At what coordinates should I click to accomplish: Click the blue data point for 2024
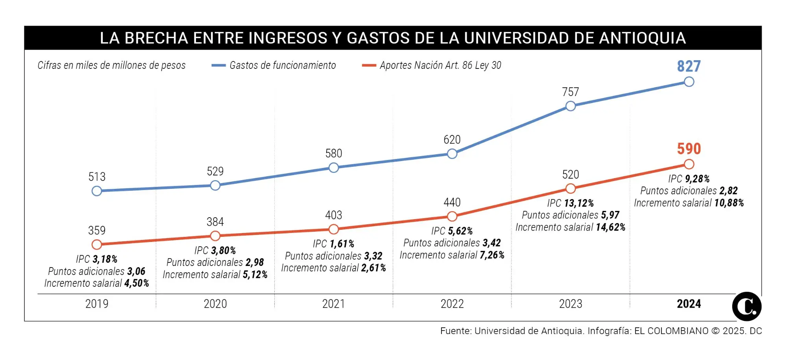point(689,82)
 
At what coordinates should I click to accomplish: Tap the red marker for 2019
point(97,244)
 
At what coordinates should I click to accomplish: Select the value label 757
point(570,92)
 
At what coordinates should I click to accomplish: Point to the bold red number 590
point(689,149)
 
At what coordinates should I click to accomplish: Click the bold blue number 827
point(689,66)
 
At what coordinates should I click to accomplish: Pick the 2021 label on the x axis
point(334,304)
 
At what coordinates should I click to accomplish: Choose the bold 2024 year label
point(689,304)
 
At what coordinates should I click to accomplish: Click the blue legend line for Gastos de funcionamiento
point(218,65)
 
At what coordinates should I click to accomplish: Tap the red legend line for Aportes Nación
point(369,65)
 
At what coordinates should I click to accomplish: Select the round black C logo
point(746,306)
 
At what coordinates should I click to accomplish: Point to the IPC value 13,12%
point(579,203)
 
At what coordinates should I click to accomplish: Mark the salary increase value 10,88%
point(729,203)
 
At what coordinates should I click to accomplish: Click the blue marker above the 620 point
point(452,154)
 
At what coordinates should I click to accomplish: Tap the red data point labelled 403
point(334,229)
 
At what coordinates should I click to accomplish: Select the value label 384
point(215,222)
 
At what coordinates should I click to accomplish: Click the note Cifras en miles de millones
point(111,65)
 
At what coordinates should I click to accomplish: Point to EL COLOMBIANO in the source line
point(671,331)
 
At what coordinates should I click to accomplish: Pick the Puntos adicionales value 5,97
point(610,215)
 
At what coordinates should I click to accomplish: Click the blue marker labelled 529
point(215,185)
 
